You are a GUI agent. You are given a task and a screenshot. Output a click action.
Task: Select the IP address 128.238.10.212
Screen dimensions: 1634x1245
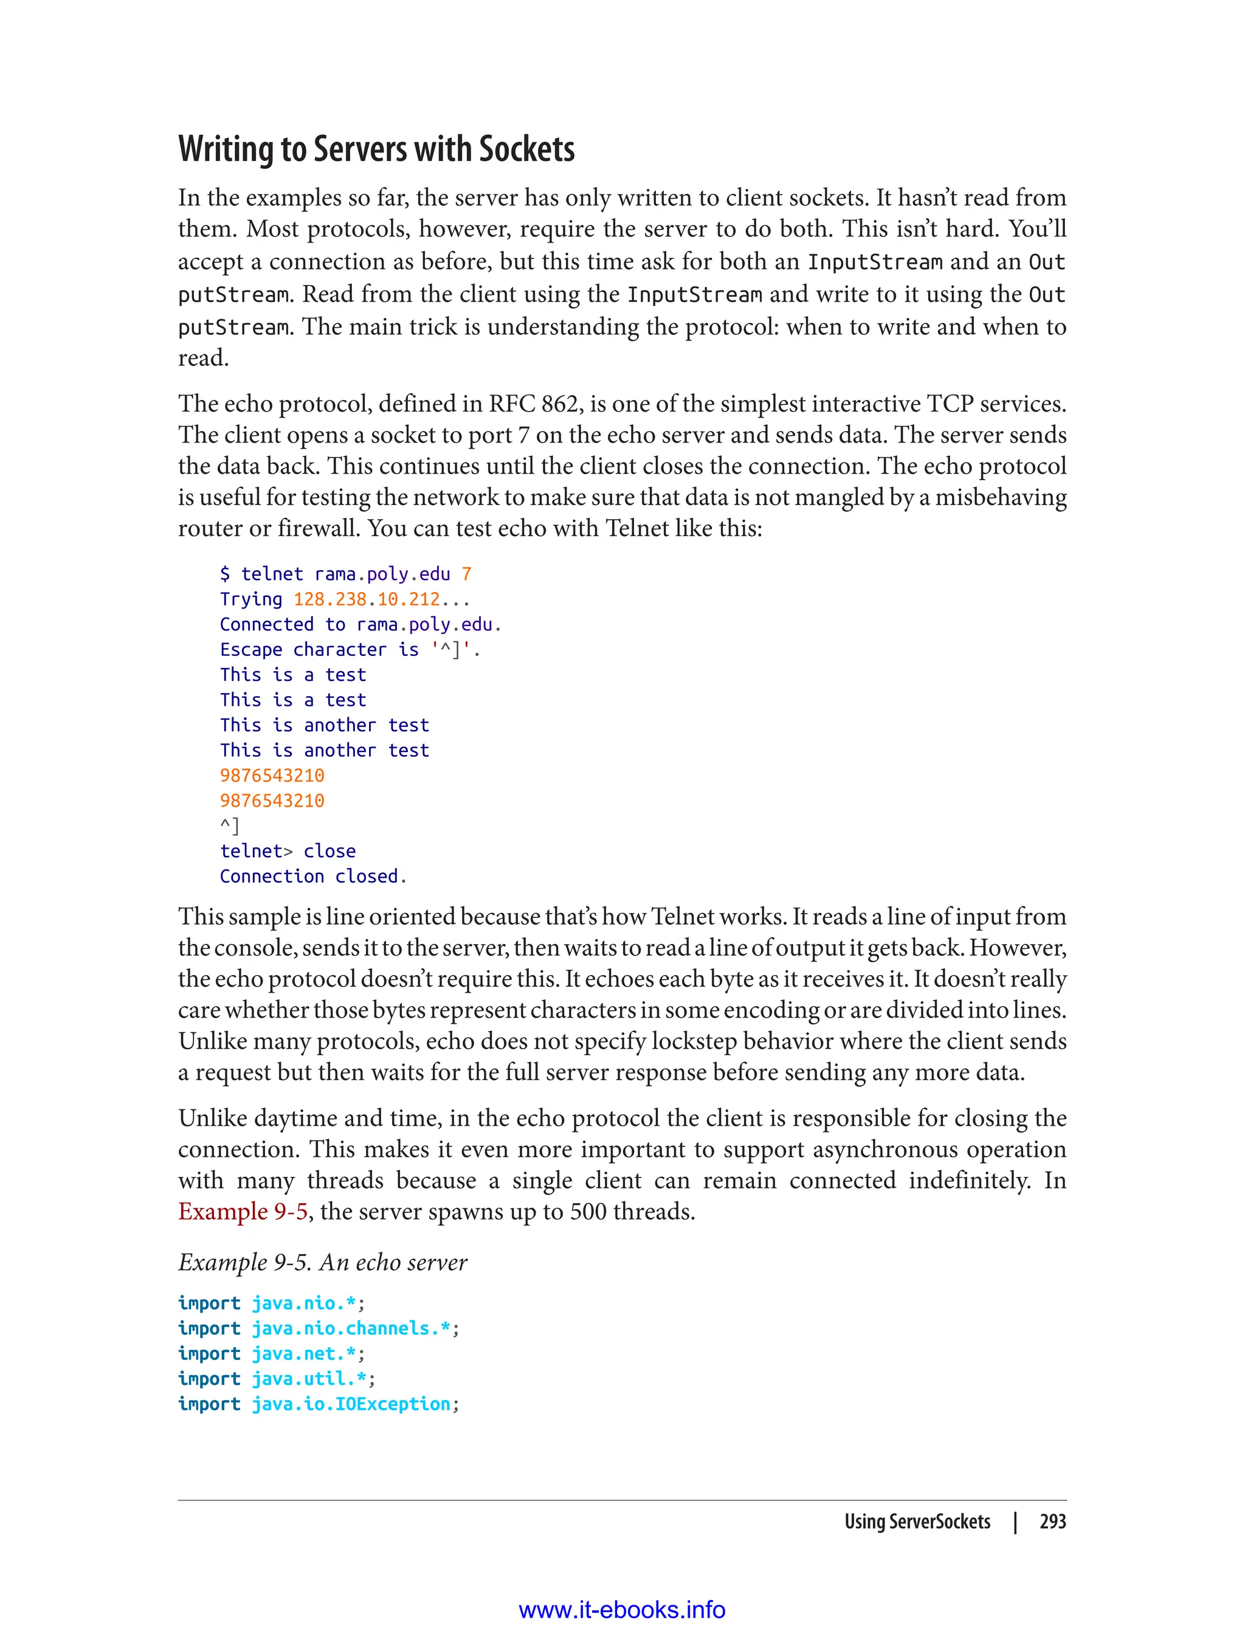(x=366, y=599)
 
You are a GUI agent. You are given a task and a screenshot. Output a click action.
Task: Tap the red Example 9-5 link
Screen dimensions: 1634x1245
(x=243, y=1211)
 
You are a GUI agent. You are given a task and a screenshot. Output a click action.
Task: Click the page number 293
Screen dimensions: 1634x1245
(x=1052, y=1522)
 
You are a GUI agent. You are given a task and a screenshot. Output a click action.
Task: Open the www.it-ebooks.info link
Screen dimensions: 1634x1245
(x=622, y=1610)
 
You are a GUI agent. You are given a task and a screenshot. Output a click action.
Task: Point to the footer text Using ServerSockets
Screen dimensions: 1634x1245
(x=917, y=1522)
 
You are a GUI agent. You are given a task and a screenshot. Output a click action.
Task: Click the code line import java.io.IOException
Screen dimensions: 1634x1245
(x=319, y=1404)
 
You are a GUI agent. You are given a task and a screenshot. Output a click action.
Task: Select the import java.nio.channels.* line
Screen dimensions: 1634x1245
(x=319, y=1328)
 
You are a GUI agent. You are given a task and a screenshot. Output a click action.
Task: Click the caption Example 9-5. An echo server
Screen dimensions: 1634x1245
(x=322, y=1262)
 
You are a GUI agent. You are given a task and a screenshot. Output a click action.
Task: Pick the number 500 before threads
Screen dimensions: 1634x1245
(x=588, y=1211)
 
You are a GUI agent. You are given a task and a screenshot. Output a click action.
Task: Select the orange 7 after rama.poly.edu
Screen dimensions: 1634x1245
(x=466, y=574)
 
